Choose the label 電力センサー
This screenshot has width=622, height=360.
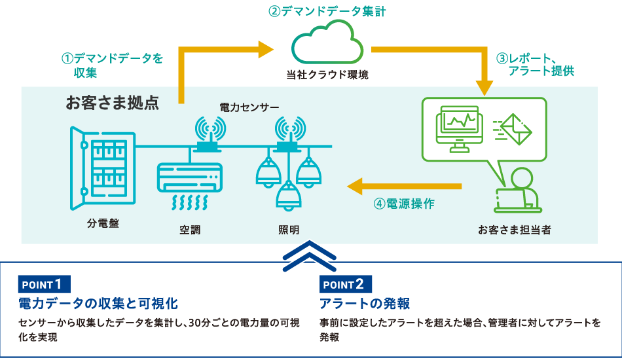coord(249,106)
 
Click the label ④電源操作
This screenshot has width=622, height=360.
coord(404,203)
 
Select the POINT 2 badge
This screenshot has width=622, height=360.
coord(346,284)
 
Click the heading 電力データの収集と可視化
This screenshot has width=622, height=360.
coord(98,304)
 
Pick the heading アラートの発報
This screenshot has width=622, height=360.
coord(365,304)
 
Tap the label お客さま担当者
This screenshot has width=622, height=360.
coord(514,230)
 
